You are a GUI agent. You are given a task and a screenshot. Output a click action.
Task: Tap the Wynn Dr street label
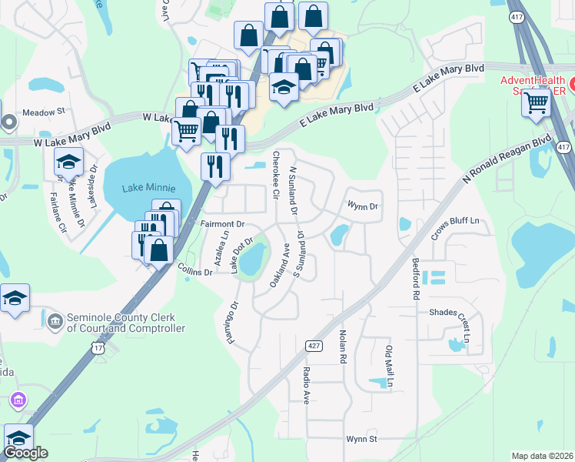363,206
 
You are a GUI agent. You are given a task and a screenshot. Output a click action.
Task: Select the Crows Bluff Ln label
454,221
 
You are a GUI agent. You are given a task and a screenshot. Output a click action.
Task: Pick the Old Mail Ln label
389,367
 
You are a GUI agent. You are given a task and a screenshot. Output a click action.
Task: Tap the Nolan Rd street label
342,348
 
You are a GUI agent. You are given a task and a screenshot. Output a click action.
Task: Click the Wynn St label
361,439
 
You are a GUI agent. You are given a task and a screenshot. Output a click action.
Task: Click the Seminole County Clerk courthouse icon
55,320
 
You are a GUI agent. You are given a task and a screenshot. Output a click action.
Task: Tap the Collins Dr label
194,272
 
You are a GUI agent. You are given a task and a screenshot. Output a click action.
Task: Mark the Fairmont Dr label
222,224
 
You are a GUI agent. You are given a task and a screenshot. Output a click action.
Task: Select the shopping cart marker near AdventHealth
536,103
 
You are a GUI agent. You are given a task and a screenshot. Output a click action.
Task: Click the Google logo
25,454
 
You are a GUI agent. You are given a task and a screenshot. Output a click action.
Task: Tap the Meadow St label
43,112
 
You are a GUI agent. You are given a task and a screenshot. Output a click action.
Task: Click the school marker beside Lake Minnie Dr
68,163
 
